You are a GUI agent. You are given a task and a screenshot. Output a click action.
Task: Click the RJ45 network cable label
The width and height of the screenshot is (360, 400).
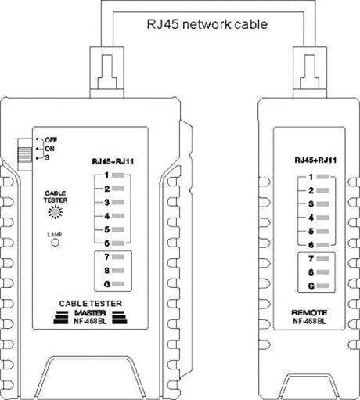tap(207, 24)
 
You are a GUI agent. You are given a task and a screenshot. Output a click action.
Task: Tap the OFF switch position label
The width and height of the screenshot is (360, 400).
tap(51, 140)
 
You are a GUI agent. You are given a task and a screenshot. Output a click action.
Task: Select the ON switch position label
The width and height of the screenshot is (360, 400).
tap(49, 149)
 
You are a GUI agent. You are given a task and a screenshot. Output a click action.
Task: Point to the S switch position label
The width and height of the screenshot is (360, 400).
tap(47, 157)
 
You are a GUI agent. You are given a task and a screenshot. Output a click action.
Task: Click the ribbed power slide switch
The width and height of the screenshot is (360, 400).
tap(24, 155)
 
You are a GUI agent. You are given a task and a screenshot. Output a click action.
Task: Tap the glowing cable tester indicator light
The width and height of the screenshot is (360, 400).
tap(56, 212)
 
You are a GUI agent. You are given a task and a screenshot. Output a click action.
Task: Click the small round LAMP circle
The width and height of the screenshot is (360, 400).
tap(55, 243)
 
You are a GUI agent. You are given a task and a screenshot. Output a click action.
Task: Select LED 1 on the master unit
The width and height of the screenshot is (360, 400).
tap(118, 175)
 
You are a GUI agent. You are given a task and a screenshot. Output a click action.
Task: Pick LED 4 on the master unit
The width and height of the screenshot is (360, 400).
tap(118, 216)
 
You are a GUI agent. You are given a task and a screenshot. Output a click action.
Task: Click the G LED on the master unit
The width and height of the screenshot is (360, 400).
tap(118, 284)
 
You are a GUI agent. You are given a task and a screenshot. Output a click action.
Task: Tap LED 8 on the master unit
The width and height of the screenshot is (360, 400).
tap(118, 271)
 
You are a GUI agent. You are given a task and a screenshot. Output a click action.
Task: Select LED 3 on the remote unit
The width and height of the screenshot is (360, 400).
tap(322, 204)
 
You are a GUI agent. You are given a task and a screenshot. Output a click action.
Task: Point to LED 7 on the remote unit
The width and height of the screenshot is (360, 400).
tap(322, 258)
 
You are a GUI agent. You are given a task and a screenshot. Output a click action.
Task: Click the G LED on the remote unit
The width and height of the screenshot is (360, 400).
tap(322, 286)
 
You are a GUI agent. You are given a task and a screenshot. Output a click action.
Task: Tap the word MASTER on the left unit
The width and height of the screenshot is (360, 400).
tap(90, 313)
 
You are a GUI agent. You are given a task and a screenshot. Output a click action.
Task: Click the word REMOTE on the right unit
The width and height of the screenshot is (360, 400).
tap(309, 312)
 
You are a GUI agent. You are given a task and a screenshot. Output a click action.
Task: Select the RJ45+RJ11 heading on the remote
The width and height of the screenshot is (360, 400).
tap(315, 160)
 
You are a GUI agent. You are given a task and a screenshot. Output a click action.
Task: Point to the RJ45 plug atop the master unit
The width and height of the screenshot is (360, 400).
tap(106, 72)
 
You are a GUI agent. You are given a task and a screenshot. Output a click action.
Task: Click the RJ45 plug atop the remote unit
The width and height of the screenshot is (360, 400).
tap(310, 72)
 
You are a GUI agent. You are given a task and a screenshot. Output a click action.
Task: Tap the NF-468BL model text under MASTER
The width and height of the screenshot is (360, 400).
tap(90, 321)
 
